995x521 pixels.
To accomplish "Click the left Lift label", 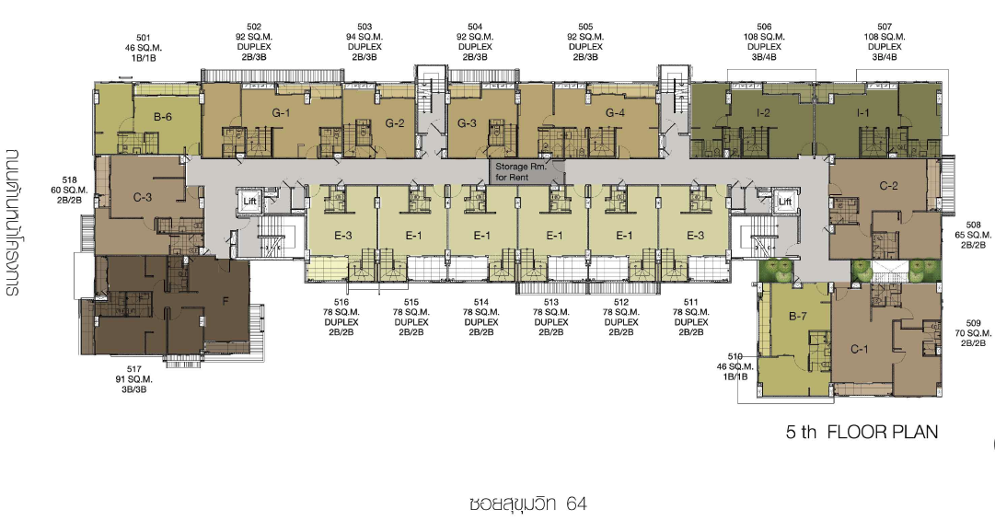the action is [250, 202].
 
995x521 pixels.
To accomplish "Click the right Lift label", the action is [785, 202].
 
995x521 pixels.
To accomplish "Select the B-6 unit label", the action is [162, 117].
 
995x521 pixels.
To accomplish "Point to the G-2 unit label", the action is [395, 123].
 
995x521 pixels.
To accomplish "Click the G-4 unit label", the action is [615, 113].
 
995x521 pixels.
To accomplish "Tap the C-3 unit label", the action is [142, 197].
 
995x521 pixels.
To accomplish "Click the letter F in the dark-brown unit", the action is [226, 301].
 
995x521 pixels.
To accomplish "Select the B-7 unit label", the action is [798, 316].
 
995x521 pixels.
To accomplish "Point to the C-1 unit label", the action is [859, 349].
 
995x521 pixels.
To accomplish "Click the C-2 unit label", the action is [888, 186].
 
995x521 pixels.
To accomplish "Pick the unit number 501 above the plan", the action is [143, 38].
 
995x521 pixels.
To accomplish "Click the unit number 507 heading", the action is [885, 27].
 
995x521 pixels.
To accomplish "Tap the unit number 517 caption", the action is [133, 369].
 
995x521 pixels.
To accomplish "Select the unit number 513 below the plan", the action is [550, 302].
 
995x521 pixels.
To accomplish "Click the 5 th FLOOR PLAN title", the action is [862, 432].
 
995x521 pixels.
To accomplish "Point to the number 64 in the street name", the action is [576, 504].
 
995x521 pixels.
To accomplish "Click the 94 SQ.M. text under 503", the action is [364, 37].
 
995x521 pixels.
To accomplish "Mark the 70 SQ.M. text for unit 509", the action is [973, 333].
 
